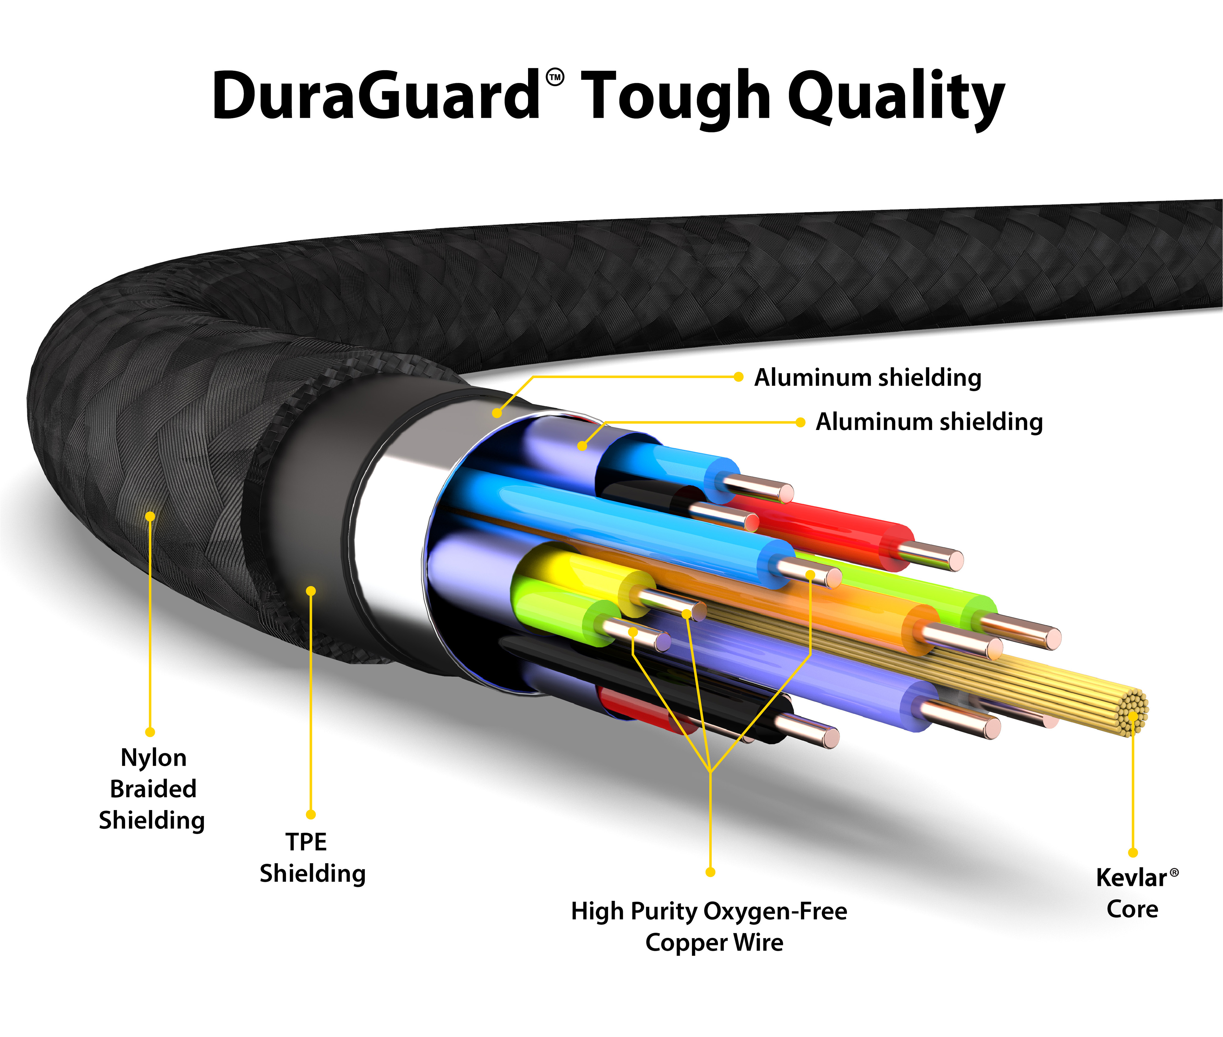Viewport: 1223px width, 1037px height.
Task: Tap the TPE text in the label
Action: point(306,842)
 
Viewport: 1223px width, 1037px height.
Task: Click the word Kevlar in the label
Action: point(1131,878)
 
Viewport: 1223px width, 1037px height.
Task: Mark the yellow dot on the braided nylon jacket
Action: point(150,516)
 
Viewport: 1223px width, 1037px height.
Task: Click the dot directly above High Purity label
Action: point(711,872)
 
